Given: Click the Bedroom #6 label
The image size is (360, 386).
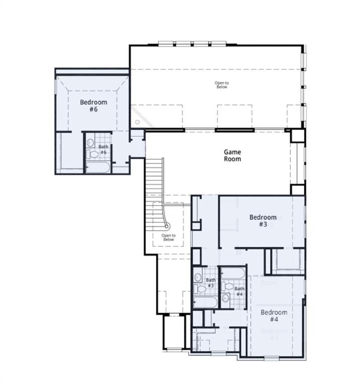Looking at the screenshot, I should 93,106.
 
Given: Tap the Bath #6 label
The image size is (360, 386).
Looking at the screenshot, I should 103,149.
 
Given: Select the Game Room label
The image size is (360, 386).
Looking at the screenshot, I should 232,155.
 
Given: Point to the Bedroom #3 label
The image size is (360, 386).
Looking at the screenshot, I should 263,221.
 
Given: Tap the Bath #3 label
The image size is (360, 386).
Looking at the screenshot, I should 211,283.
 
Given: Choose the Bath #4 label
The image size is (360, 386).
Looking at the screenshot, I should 240,292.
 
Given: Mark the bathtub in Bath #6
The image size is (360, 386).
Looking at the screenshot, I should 99,167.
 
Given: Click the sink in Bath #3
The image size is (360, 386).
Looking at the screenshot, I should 198,277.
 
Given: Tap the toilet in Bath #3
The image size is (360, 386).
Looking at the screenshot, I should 200,289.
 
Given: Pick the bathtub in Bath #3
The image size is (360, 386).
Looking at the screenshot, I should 206,303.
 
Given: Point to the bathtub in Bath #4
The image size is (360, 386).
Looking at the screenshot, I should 233,274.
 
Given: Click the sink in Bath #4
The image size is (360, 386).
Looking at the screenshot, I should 226,299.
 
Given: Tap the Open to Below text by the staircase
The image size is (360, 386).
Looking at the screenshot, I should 168,237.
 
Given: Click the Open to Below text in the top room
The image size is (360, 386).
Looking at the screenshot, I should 222,85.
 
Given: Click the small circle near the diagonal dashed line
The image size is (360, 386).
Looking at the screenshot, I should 137,122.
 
